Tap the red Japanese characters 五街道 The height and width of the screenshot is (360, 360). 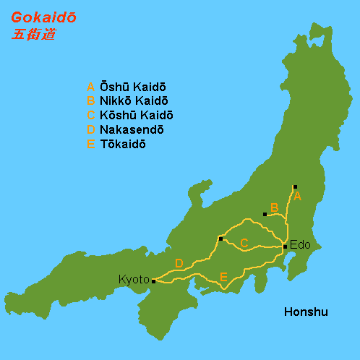pos(33,35)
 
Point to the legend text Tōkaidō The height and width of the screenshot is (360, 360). pos(122,144)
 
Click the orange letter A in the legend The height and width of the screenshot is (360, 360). pos(90,86)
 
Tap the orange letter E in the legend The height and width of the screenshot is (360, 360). pos(90,144)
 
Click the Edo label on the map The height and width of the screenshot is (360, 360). pos(300,245)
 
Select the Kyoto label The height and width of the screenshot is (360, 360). pos(134,279)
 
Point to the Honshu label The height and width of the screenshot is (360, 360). pos(306,312)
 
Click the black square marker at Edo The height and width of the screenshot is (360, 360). pos(286,247)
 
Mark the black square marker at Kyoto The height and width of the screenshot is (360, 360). pos(153,281)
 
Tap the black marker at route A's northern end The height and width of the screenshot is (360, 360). pos(295,187)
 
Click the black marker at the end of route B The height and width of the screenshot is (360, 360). pos(265,214)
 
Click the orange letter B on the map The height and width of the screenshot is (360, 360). pos(274,208)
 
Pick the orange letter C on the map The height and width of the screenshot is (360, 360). pos(244,244)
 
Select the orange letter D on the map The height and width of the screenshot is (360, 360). pos(179,263)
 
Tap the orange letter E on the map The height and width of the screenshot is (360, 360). pos(223,277)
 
